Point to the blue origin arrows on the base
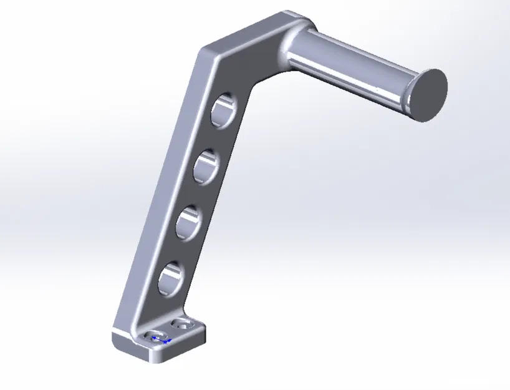click(x=160, y=339)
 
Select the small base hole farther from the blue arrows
click(x=183, y=324)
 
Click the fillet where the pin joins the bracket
click(x=291, y=47)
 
